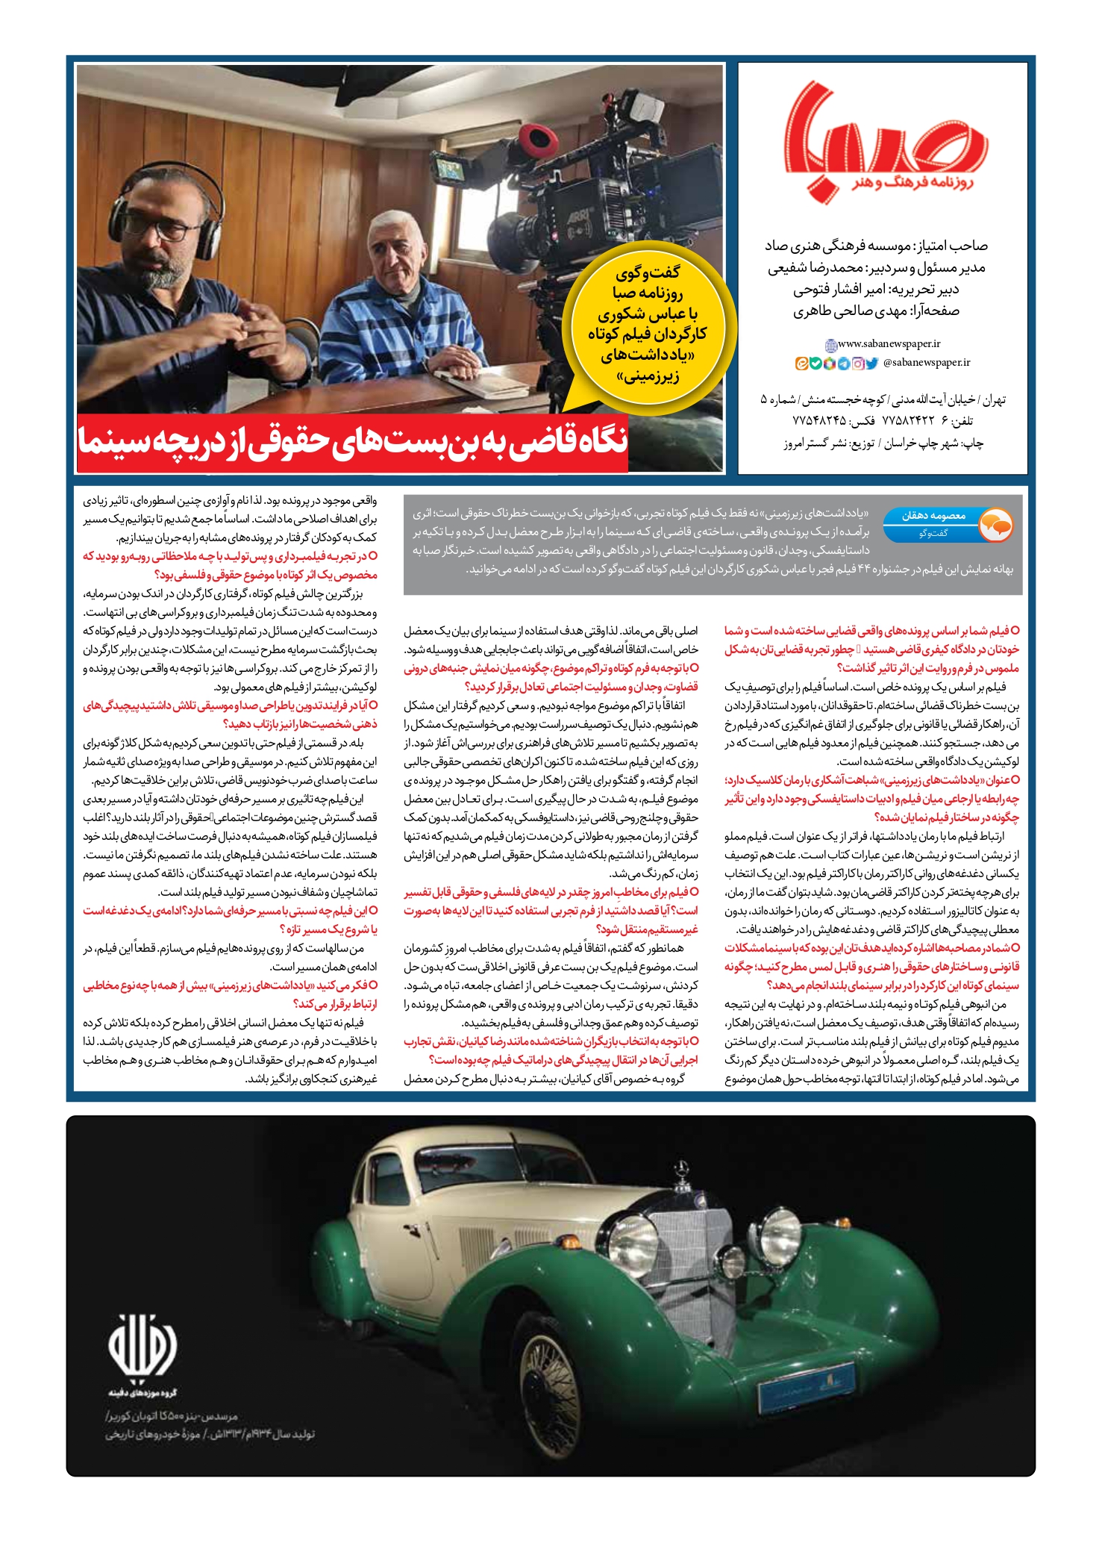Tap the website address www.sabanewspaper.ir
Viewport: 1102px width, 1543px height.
(x=889, y=344)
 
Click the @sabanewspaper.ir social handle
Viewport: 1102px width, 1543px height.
(x=926, y=363)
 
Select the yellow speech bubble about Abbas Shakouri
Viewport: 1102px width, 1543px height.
(x=648, y=325)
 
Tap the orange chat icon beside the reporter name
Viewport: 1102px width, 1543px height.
(x=995, y=524)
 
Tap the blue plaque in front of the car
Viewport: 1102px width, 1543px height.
(x=806, y=1383)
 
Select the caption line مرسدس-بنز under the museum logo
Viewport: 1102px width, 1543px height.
(x=172, y=1415)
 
